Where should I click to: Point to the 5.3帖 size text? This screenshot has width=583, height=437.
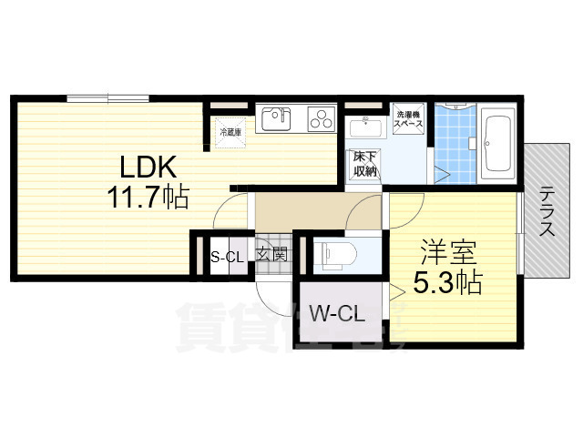click(448, 283)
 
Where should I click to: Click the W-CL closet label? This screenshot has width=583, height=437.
click(337, 315)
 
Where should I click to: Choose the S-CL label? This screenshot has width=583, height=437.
click(227, 256)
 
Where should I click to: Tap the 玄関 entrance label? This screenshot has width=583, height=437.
click(271, 254)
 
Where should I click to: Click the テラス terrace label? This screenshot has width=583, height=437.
click(547, 211)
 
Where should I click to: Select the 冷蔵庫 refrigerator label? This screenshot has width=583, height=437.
click(228, 132)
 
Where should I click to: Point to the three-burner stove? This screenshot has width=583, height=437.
click(321, 118)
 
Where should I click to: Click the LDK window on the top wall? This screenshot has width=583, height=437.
click(107, 97)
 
